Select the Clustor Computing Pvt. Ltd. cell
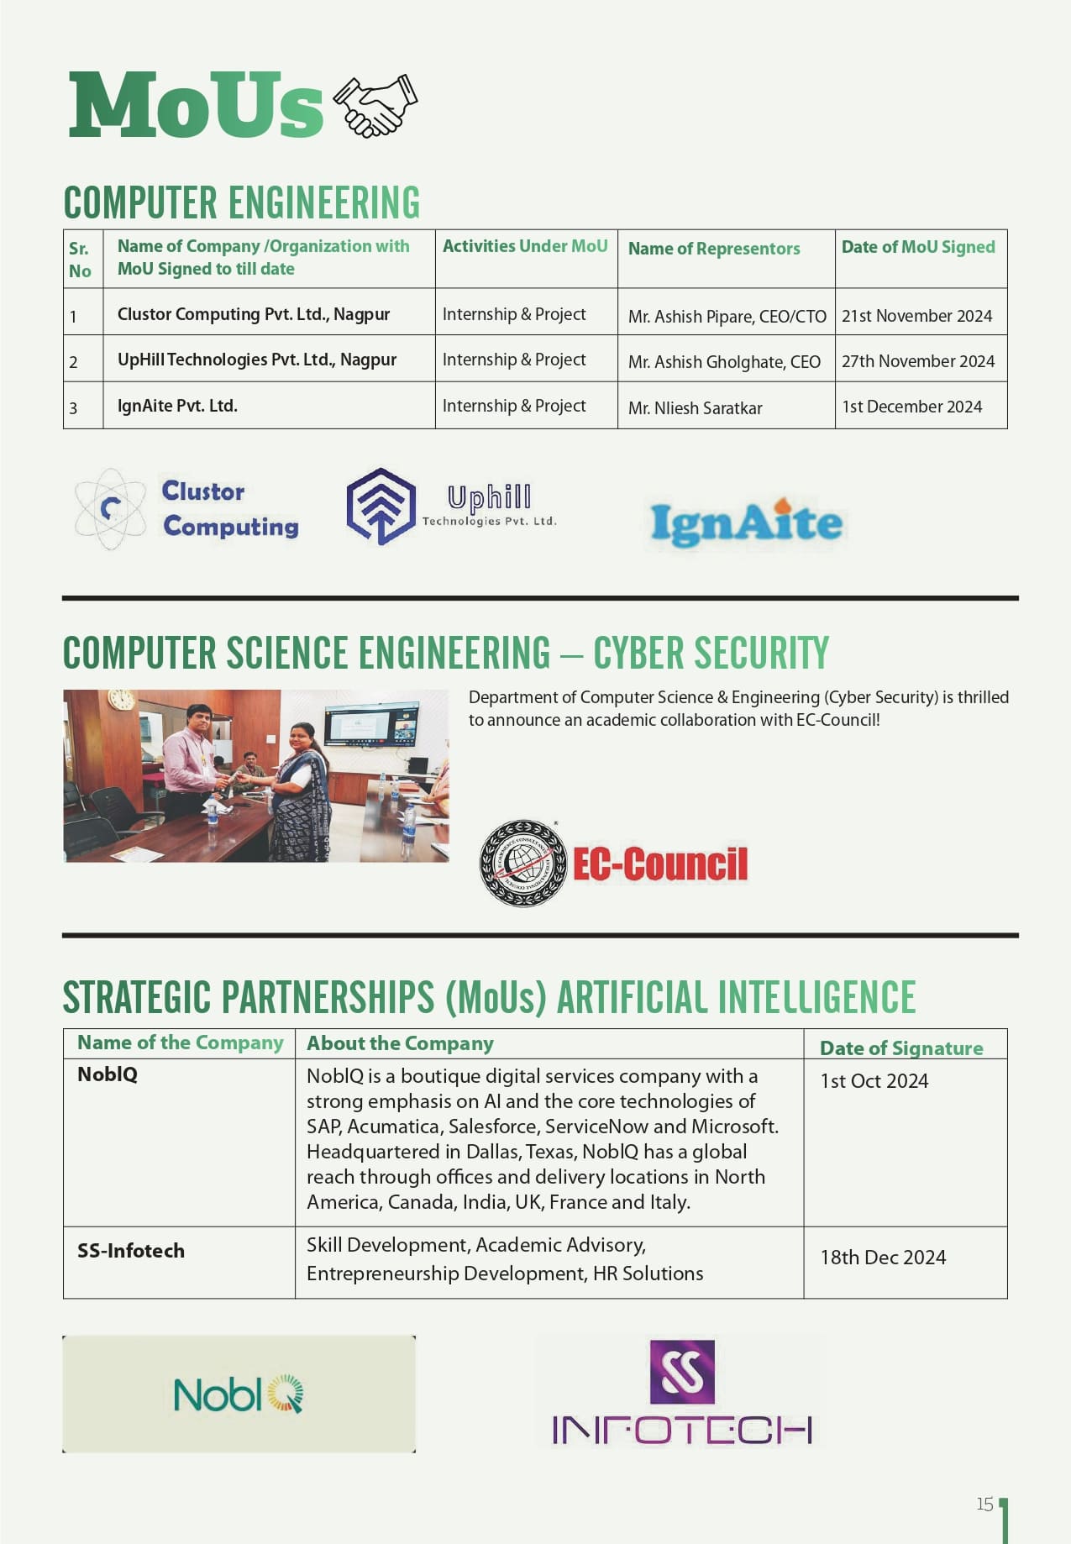pyautogui.click(x=254, y=314)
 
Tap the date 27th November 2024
pyautogui.click(x=917, y=361)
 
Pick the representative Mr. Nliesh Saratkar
pyautogui.click(x=695, y=408)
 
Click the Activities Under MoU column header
pyautogui.click(x=525, y=246)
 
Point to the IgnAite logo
pyautogui.click(x=746, y=523)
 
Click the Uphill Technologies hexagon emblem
pyautogui.click(x=381, y=507)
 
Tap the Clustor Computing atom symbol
pyautogui.click(x=110, y=509)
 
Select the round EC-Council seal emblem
pyautogui.click(x=522, y=864)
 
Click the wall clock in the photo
pyautogui.click(x=122, y=700)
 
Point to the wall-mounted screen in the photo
pyautogui.click(x=372, y=724)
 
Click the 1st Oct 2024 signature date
pyautogui.click(x=874, y=1081)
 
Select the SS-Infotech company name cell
pyautogui.click(x=131, y=1251)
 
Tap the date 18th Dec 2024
pyautogui.click(x=883, y=1258)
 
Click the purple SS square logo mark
pyautogui.click(x=682, y=1372)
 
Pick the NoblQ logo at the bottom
pyautogui.click(x=238, y=1394)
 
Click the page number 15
pyautogui.click(x=984, y=1504)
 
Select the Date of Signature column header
pyautogui.click(x=901, y=1048)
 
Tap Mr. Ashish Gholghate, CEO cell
pyautogui.click(x=724, y=362)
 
